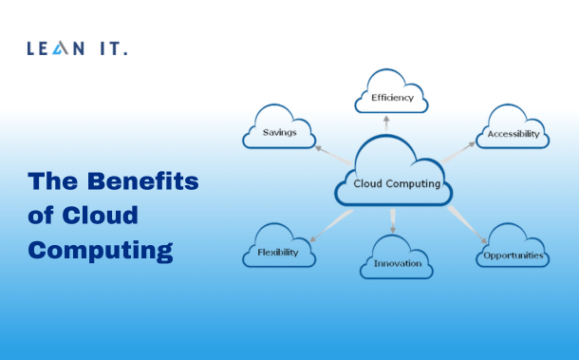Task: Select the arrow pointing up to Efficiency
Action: [386, 123]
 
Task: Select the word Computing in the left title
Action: [101, 250]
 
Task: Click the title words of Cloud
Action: [84, 216]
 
